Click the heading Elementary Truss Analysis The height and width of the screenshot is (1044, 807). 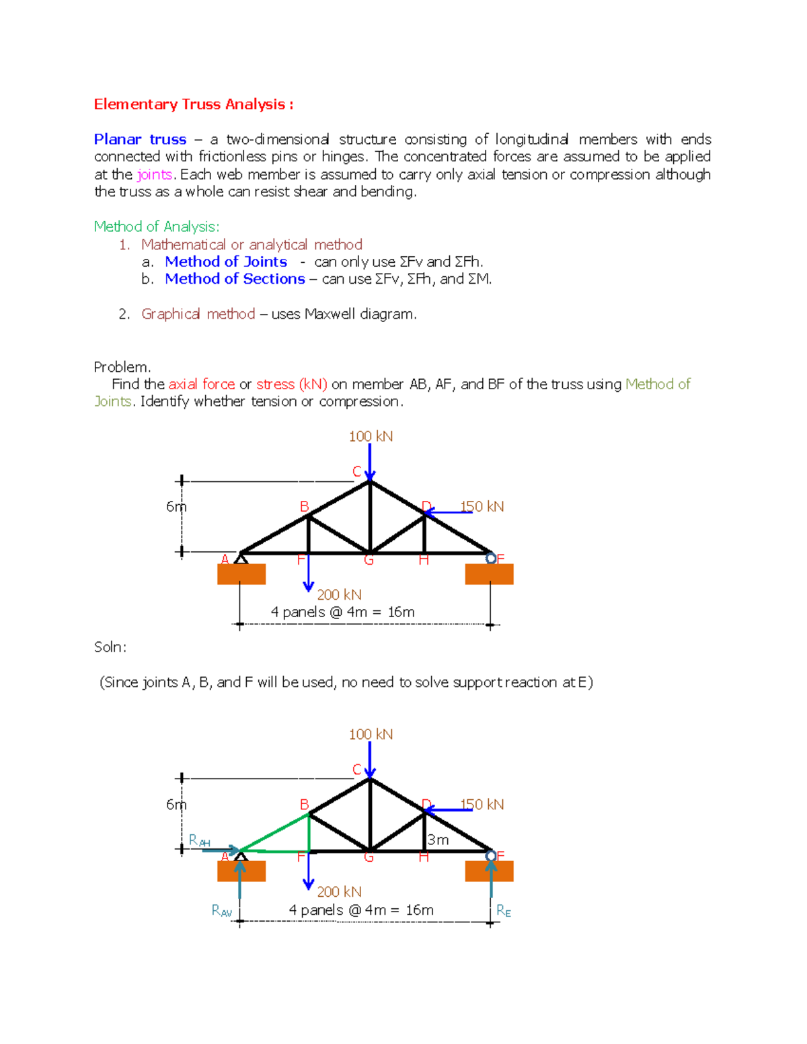coord(193,104)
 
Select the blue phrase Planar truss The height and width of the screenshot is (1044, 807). coord(140,139)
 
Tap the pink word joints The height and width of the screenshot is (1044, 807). coord(155,175)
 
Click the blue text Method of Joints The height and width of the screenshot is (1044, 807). coord(226,262)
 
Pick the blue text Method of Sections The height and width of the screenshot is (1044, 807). coord(235,279)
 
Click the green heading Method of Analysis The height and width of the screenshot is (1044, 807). coord(156,227)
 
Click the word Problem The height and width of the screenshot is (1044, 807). coord(122,367)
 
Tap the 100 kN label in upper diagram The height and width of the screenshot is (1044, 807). coord(371,436)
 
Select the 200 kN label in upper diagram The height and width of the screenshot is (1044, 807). coord(339,595)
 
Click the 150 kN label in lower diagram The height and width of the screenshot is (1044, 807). coord(482,804)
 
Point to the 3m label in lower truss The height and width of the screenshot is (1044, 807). coord(438,840)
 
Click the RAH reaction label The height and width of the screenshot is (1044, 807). coord(199,840)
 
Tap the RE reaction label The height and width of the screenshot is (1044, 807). coord(504,911)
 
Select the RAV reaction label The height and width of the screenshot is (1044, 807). coord(221,911)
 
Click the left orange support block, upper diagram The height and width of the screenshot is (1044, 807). coord(241,574)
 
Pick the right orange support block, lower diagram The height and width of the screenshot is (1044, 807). coord(489,871)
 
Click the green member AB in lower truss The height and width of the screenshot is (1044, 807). coord(274,832)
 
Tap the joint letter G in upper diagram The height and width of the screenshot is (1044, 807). coord(369,560)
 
